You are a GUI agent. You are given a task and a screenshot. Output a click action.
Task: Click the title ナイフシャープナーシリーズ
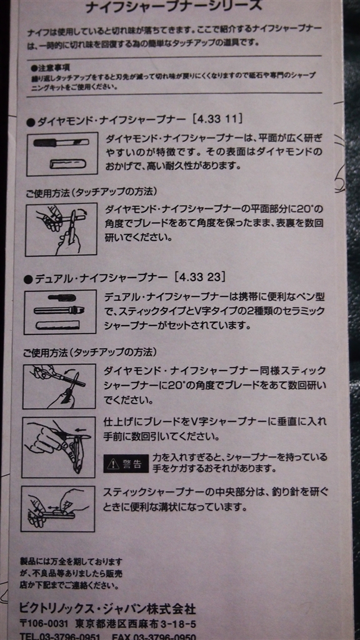point(173,6)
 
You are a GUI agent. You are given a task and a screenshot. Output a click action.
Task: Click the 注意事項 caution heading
point(49,66)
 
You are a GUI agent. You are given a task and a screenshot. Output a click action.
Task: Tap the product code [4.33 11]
point(217,120)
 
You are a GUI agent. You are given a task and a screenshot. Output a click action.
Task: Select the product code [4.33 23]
point(199,277)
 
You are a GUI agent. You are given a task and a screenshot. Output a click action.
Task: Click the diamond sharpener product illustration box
point(62,154)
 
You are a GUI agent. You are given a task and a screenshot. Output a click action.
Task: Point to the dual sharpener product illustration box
point(61,312)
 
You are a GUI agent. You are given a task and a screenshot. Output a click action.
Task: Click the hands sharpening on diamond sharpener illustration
point(61,229)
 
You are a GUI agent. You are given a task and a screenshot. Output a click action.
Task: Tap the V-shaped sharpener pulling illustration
point(59,447)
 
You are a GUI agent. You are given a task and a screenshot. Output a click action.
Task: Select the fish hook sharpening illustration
point(58,509)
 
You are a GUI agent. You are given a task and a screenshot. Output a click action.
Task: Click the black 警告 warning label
point(126,463)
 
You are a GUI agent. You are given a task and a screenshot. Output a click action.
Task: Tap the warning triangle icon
point(112,464)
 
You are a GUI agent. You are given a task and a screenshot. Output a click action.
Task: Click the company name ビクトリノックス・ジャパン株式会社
point(107,609)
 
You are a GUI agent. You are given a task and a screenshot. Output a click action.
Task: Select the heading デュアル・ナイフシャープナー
point(101,278)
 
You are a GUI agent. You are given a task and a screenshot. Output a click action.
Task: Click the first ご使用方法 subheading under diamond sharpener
point(91,191)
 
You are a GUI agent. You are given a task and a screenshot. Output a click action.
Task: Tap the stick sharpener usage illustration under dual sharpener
point(59,386)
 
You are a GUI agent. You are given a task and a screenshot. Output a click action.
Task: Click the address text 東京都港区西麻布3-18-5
point(136,624)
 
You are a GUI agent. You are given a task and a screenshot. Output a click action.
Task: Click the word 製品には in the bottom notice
point(32,562)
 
